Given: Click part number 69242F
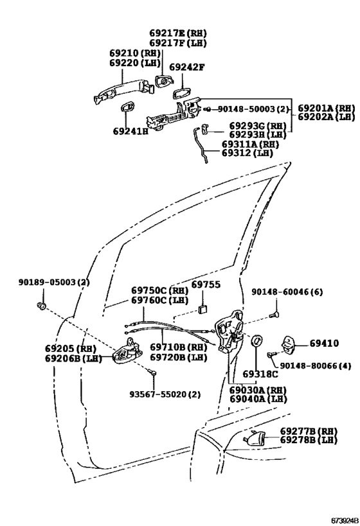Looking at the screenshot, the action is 186,67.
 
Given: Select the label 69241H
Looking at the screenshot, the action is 131,131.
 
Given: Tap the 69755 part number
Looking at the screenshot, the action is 206,285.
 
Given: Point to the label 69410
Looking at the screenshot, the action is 324,343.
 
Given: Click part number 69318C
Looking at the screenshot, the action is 260,374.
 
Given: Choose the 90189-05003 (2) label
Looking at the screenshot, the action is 54,282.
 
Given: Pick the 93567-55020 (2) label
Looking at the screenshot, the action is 165,394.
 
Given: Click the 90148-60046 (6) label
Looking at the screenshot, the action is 287,292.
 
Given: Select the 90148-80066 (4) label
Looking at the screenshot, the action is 316,365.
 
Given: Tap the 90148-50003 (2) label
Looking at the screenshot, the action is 253,109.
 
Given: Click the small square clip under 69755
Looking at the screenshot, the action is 203,310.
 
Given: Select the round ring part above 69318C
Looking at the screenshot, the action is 257,341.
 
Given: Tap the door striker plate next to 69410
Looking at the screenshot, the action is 289,344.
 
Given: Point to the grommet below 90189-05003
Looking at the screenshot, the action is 41,305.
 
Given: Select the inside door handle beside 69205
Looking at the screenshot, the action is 127,351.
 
